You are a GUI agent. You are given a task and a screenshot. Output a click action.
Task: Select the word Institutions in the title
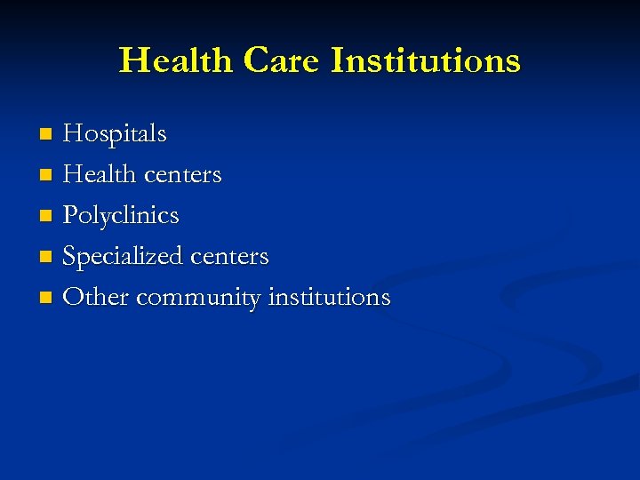425,60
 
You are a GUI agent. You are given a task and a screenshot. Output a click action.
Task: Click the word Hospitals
115,134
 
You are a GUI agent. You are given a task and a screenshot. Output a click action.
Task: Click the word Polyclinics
121,216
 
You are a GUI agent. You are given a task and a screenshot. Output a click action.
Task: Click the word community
198,298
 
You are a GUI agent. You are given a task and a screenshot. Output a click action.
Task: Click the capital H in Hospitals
73,134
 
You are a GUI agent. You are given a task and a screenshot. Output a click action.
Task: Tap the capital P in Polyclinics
70,215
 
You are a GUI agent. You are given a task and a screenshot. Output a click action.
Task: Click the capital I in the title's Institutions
338,60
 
